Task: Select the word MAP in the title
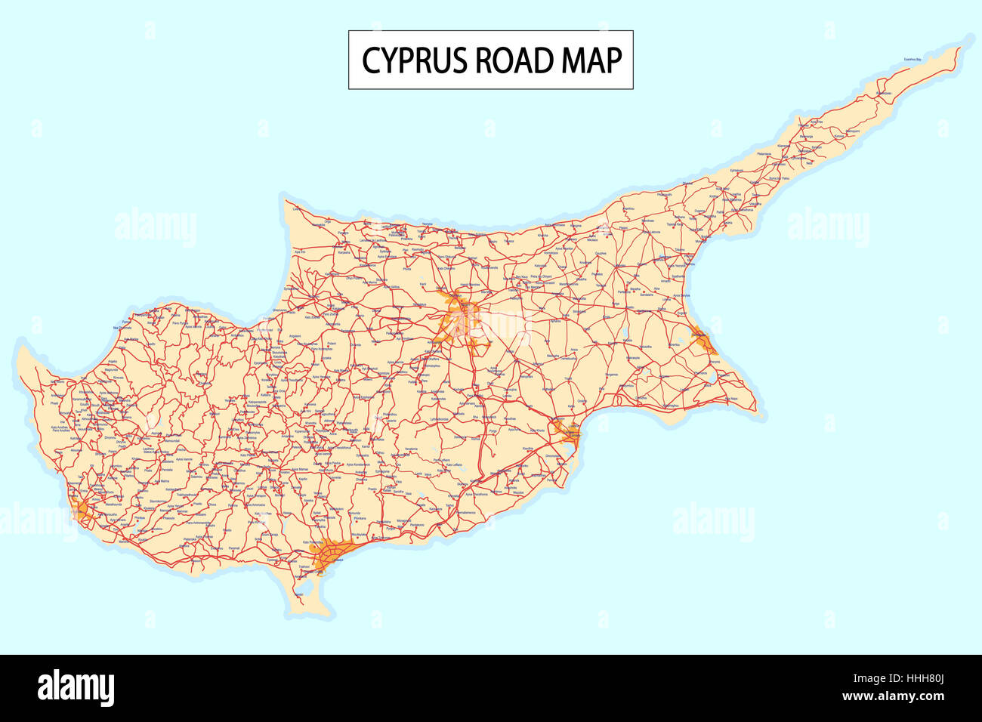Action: click(x=591, y=60)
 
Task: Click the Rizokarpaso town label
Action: click(x=884, y=94)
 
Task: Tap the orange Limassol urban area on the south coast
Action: click(x=332, y=557)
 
